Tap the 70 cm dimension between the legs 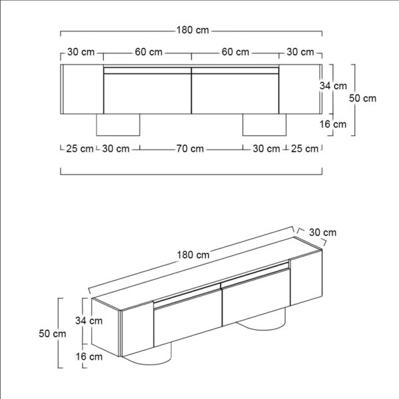pos(190,149)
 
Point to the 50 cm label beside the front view pos(363,98)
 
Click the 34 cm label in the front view pos(333,86)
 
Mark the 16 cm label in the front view pos(333,124)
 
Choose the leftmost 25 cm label pos(80,149)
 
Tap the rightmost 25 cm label pos(305,149)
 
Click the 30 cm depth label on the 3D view pos(323,232)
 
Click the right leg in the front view pos(263,124)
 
